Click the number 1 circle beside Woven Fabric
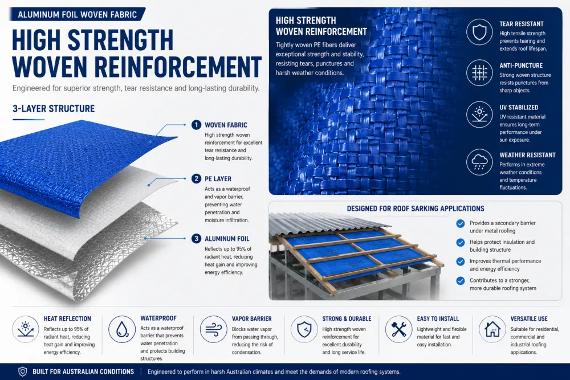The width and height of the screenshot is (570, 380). coord(196,125)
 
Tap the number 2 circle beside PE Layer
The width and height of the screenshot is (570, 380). coord(196,179)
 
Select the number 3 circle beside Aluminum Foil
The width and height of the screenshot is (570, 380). coord(196,239)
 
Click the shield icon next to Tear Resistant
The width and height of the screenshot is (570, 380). coord(479,32)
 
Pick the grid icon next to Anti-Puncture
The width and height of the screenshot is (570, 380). coord(479,73)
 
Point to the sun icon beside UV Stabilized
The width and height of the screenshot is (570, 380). coord(479,115)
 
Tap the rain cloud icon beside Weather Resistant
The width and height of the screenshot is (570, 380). coord(479,162)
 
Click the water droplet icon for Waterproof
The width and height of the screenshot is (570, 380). coord(122,329)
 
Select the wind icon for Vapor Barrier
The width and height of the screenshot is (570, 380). coord(213,329)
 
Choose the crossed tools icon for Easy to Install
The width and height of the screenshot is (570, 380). coord(398,329)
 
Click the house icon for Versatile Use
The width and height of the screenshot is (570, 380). coord(492,329)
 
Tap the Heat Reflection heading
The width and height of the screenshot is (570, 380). coord(67,318)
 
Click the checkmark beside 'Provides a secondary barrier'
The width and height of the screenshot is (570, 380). coord(460,223)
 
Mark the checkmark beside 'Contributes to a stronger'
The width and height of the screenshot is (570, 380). coord(460,281)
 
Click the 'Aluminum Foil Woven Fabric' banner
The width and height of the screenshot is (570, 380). coord(78,15)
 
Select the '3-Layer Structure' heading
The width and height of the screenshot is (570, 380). coord(54,109)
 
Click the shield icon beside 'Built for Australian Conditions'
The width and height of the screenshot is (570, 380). coord(23,371)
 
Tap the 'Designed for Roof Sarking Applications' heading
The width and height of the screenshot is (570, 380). coord(416,209)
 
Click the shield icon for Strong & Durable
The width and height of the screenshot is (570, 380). coord(304,329)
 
